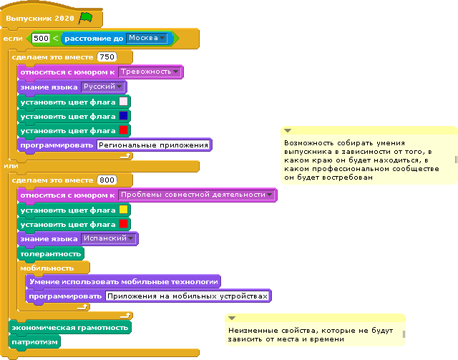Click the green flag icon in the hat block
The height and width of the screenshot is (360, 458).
coord(86,18)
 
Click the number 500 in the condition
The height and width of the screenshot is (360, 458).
coord(41,38)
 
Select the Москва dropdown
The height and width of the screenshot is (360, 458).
coord(147,38)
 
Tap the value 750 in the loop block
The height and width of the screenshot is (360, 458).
coord(107,57)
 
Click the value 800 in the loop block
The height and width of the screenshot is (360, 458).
coord(107,180)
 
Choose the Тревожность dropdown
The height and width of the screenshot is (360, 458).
coord(150,72)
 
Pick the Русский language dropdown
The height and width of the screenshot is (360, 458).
coord(102,87)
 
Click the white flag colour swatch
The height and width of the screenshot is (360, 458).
coord(124,102)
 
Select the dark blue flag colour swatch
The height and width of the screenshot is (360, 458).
coord(124,116)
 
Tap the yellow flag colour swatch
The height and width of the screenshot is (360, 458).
coord(124,210)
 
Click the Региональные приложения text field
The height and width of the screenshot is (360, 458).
coord(153,145)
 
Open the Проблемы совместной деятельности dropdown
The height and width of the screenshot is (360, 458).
coord(197,195)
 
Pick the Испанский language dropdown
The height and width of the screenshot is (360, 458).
coord(108,238)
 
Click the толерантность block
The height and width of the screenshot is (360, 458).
coord(51,253)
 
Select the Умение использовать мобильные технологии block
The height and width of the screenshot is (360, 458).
coord(123,281)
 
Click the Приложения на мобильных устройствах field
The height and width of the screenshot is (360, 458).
coord(187,296)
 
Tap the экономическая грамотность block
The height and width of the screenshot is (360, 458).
coord(70,327)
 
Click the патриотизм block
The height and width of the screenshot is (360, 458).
coord(34,341)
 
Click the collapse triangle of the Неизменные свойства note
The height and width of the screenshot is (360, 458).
coord(232,318)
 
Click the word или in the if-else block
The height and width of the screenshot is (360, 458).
coord(11,166)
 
